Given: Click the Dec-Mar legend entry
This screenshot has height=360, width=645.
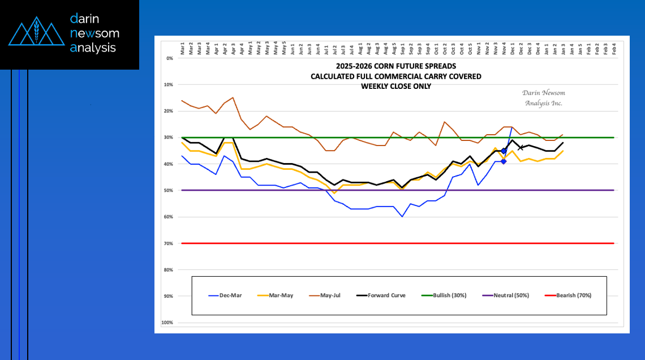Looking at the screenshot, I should point(225,295).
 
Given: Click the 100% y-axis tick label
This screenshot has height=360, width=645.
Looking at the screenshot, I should point(167,323).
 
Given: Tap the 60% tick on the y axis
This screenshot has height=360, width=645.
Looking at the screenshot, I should point(169,217).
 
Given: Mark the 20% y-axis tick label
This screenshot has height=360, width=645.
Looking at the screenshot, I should point(169,111).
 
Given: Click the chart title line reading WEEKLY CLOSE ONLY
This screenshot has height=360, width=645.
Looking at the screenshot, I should point(395,86).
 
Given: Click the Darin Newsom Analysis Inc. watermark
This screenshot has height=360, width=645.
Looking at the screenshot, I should point(544,98).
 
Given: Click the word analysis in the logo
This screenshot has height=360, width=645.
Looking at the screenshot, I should point(93,48).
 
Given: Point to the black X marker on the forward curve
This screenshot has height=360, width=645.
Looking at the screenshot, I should point(521,148).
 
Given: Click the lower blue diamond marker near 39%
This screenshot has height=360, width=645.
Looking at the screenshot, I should point(504,161).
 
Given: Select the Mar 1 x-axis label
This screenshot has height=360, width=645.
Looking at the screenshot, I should point(183,48).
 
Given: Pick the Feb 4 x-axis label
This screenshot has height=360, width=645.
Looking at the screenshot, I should point(614,48).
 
